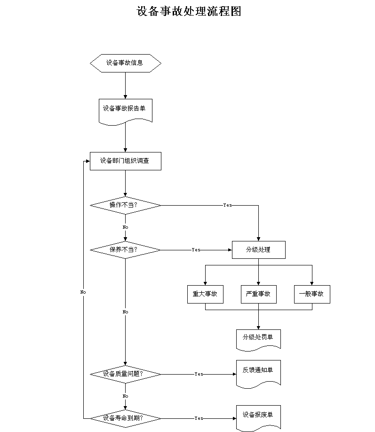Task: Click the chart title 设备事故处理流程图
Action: tap(189, 11)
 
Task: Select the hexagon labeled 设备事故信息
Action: tap(125, 64)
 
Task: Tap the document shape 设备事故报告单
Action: tap(125, 112)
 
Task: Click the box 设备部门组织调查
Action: tap(125, 161)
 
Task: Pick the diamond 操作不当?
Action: tap(125, 205)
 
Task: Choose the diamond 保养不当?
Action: tap(125, 250)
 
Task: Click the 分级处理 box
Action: tap(258, 250)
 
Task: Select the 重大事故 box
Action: tap(205, 294)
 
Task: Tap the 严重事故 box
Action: tap(258, 294)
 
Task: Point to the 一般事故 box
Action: tap(312, 294)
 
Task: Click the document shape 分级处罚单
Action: tap(258, 340)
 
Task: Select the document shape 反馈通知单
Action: tap(258, 374)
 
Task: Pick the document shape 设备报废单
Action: tap(258, 418)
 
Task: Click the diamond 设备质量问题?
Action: tap(125, 374)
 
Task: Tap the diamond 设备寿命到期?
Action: tap(125, 418)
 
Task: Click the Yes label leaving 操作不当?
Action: tap(227, 205)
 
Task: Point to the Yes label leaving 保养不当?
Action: tap(196, 249)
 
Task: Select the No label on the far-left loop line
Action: tap(83, 292)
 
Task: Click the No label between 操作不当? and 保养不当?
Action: tap(125, 227)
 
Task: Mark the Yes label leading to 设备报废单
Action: tap(199, 418)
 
